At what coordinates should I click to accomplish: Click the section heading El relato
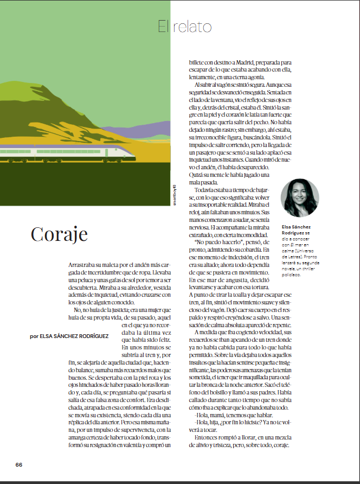pyautogui.click(x=184, y=27)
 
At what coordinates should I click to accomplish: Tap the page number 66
pyautogui.click(x=19, y=464)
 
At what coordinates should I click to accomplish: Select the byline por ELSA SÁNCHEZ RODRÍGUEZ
pyautogui.click(x=69, y=336)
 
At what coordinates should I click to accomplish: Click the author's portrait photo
pyautogui.click(x=300, y=198)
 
